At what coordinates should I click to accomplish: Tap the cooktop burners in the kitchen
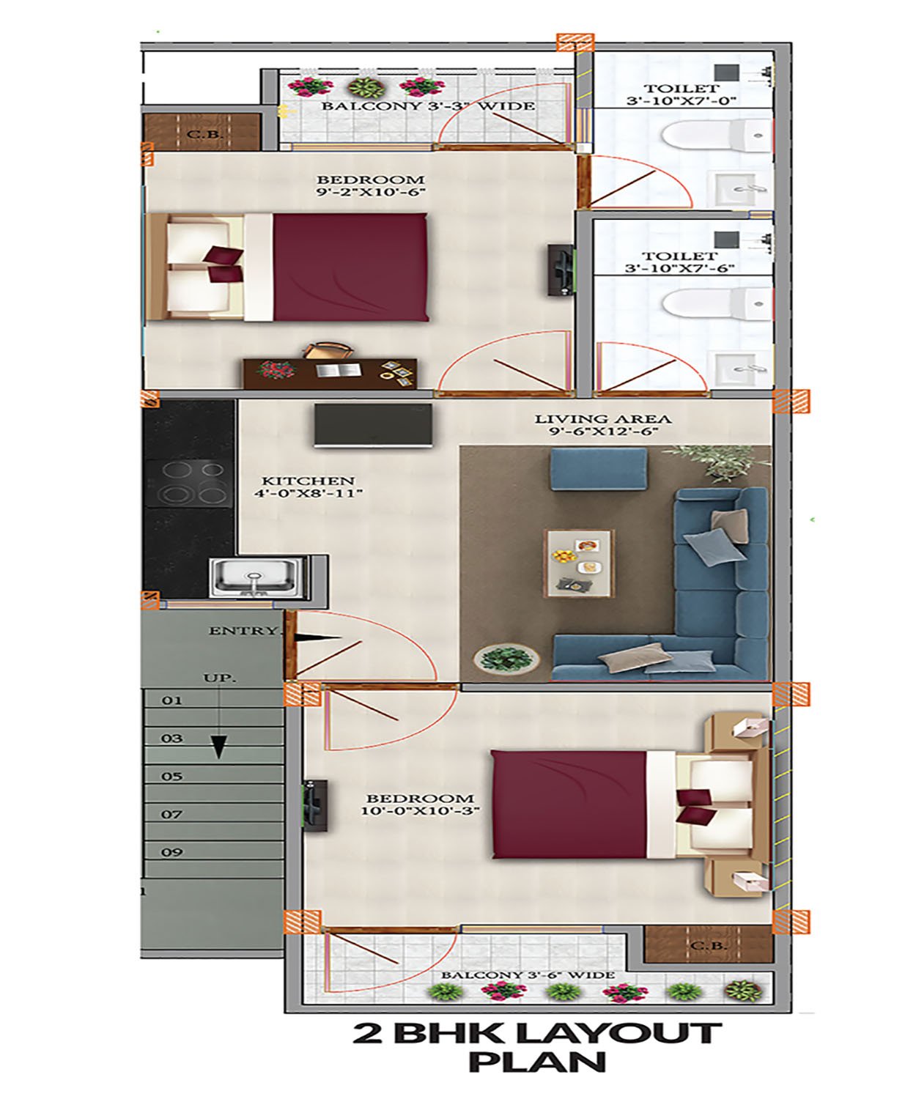(188, 483)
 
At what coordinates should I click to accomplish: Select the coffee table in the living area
(579, 563)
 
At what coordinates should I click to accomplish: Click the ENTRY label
(243, 631)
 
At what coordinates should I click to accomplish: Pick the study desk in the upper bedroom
(330, 374)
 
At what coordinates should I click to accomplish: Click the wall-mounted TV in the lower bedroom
(315, 806)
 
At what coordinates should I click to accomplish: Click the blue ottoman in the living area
(599, 469)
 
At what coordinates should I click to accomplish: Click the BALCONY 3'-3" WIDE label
(428, 106)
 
